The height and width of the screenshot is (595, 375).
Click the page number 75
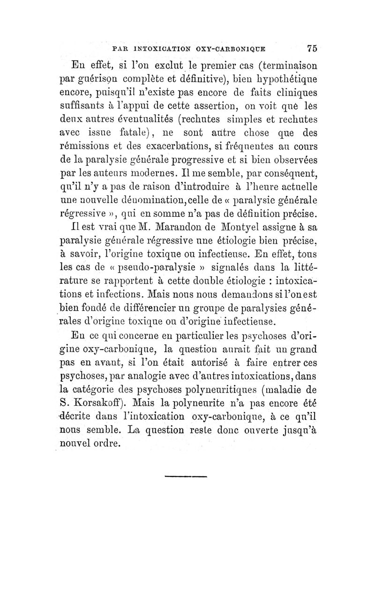(x=313, y=48)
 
